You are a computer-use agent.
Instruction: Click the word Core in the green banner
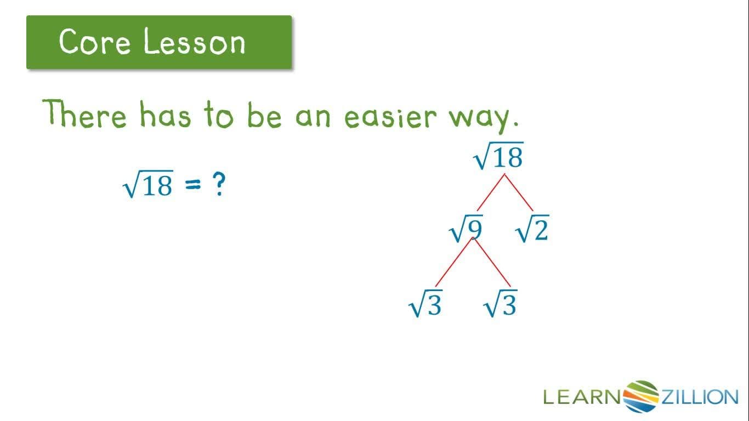point(94,41)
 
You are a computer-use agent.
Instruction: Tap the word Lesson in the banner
point(194,42)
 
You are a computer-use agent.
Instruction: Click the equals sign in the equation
point(193,186)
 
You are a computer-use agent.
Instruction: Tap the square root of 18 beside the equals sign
point(149,185)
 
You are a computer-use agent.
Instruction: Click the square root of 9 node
point(466,230)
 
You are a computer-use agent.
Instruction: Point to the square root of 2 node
point(532,230)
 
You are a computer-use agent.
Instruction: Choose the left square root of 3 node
point(425,305)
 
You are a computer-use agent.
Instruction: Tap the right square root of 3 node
point(500,305)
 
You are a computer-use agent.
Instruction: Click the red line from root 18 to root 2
point(519,192)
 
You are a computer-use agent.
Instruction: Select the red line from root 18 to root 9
point(491,192)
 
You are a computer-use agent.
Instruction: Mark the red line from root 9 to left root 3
point(453,263)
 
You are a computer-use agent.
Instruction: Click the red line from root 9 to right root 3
point(492,263)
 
